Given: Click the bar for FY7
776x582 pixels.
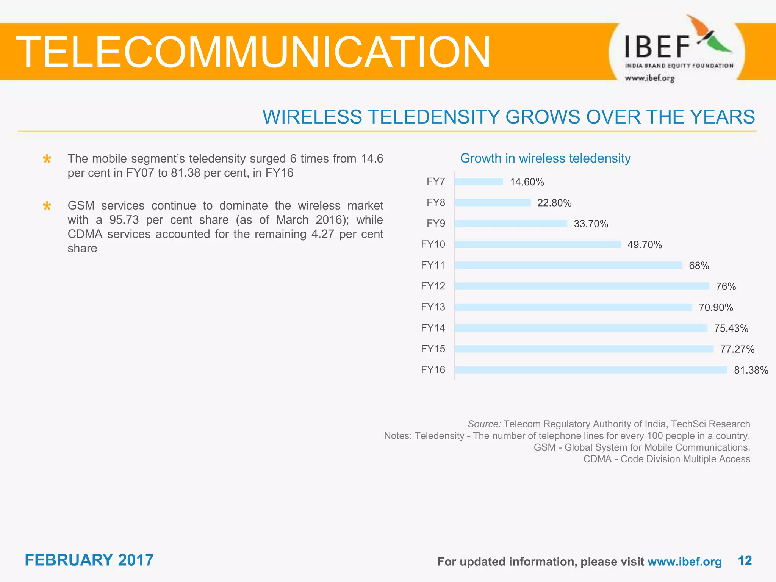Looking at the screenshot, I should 479,182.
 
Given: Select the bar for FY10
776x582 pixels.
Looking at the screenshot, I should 537,244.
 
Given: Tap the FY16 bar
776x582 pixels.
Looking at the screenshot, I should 590,370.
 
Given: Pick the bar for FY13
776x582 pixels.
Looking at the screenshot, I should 573,307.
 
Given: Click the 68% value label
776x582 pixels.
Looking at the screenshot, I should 699,266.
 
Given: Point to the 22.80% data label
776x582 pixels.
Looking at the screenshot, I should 554,203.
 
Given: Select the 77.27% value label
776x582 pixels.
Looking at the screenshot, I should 737,349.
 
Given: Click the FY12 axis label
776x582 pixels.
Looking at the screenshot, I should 433,286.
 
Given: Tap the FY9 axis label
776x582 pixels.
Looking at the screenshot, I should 435,224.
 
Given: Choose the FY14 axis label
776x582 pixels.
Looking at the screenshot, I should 433,328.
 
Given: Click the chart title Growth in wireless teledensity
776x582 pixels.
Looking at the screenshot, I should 545,158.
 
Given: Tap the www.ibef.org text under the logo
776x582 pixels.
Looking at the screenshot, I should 649,78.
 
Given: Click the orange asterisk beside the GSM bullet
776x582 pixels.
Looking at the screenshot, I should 47,206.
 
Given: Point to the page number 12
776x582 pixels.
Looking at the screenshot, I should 745,561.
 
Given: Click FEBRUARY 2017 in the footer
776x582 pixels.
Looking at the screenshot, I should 89,560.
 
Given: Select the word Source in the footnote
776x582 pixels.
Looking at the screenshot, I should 484,424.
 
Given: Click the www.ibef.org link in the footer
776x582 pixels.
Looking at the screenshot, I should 684,562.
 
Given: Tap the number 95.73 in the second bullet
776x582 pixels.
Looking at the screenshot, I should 124,220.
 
